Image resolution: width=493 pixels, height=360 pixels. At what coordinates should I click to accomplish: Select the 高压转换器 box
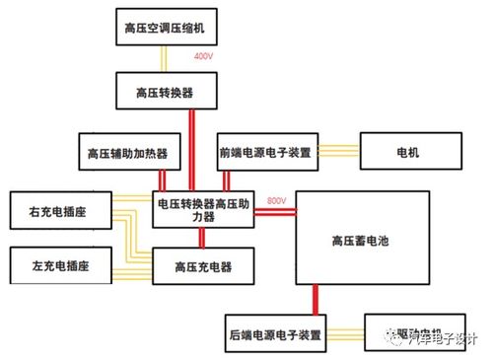(x=163, y=91)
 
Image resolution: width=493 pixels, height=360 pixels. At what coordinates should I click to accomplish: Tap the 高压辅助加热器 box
(x=127, y=153)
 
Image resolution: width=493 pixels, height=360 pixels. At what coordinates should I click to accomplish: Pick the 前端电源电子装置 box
(x=263, y=153)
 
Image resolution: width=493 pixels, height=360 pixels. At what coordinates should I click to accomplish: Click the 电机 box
(x=407, y=153)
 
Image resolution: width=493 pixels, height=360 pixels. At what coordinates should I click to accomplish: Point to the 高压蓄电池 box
(x=363, y=240)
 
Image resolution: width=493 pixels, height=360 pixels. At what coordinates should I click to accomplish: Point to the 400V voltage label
(x=204, y=57)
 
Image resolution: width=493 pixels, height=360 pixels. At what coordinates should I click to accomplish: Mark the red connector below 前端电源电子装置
(x=227, y=180)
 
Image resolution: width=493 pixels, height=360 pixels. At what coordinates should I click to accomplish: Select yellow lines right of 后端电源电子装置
(x=345, y=333)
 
